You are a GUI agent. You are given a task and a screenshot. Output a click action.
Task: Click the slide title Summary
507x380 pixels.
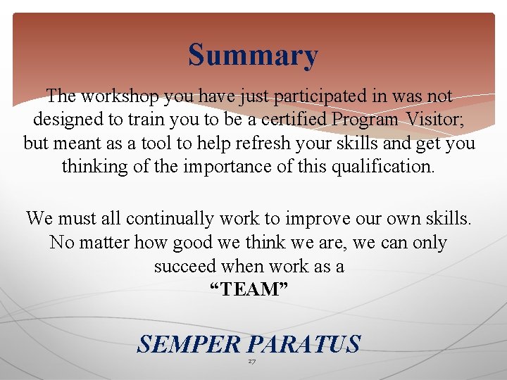(253, 56)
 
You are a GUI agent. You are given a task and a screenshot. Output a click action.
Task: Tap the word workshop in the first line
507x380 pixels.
(111, 96)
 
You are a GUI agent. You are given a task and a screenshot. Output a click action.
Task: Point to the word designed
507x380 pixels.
(67, 120)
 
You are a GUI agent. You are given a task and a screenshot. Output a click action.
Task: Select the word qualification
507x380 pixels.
(380, 167)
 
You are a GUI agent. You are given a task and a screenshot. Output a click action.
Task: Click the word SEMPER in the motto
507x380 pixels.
(189, 345)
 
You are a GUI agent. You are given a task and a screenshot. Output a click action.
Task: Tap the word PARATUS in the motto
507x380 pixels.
(304, 345)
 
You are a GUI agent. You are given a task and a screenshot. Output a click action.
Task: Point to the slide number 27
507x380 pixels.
(251, 361)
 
